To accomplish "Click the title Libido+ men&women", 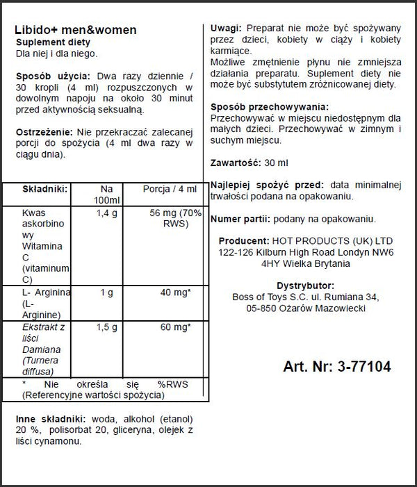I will [75, 31].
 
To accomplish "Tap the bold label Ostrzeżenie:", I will [45, 133].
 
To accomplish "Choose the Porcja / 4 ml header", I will [170, 188].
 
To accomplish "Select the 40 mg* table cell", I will [176, 292].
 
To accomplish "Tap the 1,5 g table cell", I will [106, 325].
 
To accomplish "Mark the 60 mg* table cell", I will [176, 325].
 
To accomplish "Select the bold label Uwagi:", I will [226, 28].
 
